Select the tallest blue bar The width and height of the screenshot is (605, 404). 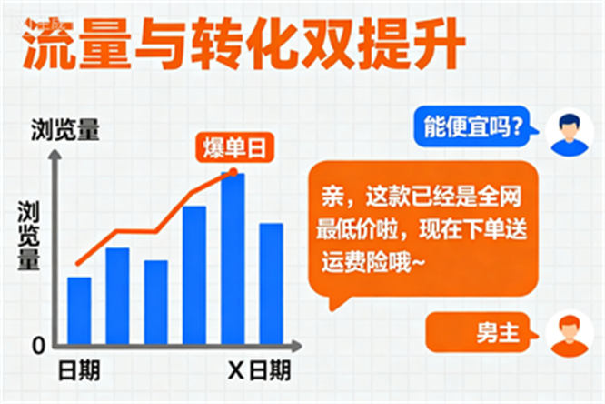[x=233, y=258]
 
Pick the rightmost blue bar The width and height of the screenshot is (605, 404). [x=272, y=284]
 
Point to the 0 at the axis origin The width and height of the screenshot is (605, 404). [x=38, y=346]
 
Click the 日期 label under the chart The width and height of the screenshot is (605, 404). [x=79, y=371]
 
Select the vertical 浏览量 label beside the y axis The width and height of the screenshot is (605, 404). [x=29, y=235]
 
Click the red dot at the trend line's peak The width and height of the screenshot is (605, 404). [x=233, y=171]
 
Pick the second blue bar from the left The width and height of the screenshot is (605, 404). [x=117, y=296]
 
